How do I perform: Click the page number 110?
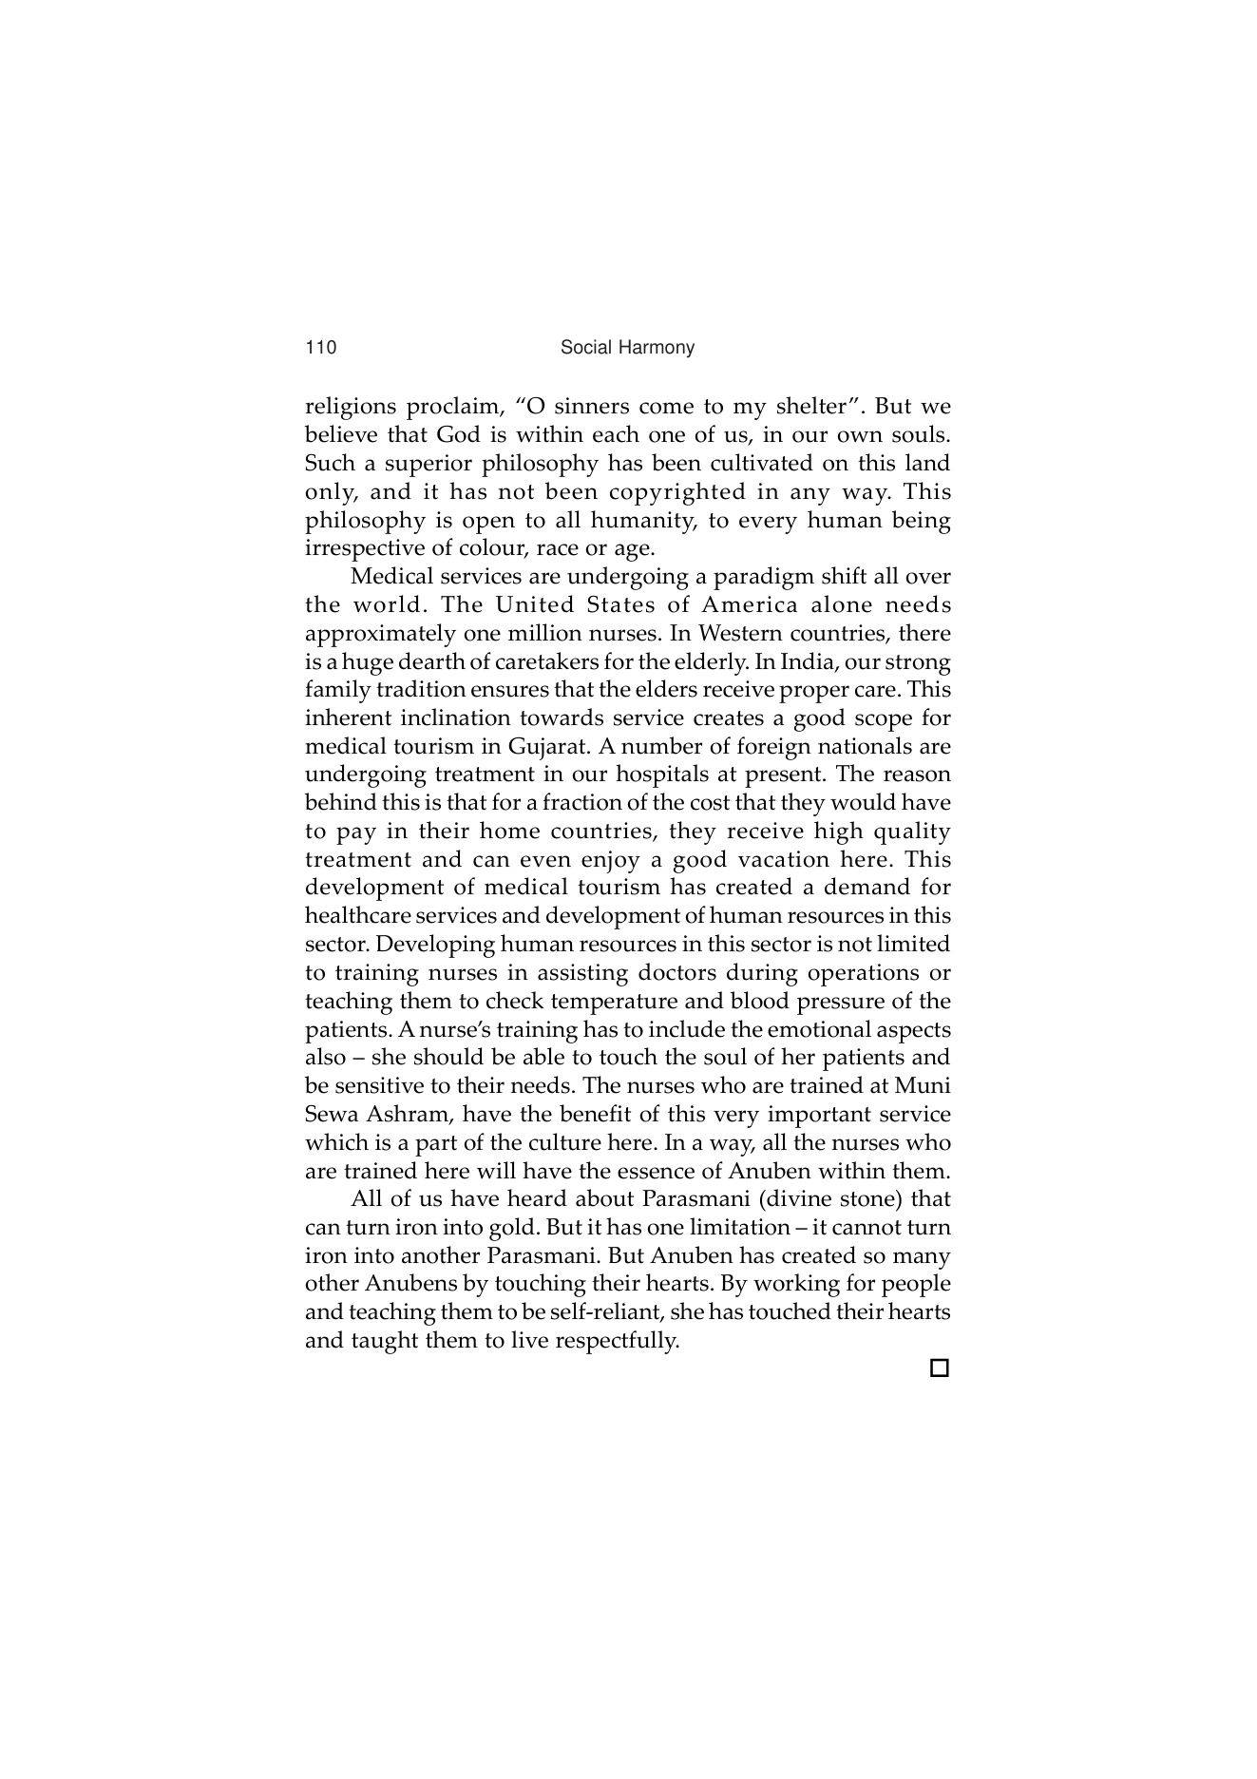pos(320,348)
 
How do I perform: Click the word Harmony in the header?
pos(659,348)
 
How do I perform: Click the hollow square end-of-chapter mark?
pos(939,1368)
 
